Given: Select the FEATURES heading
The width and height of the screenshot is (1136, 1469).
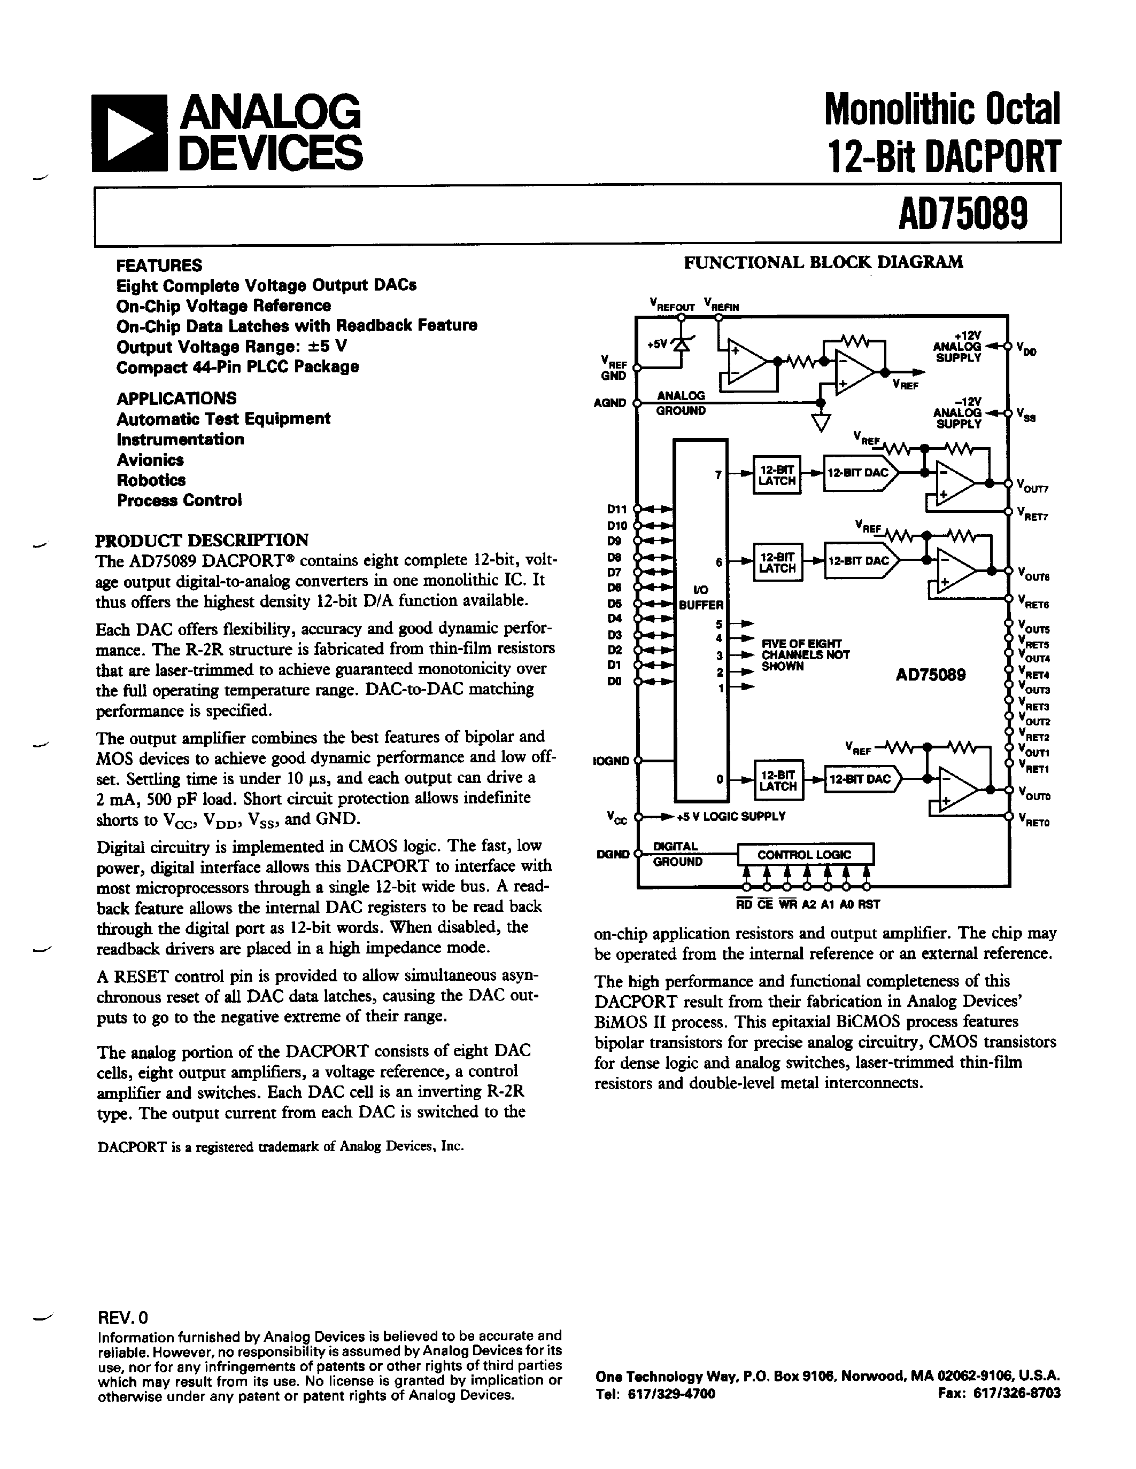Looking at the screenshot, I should [159, 265].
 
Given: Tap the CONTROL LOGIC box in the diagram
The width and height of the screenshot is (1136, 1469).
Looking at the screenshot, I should [805, 854].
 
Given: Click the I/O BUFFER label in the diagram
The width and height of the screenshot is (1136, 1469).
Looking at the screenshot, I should [701, 598].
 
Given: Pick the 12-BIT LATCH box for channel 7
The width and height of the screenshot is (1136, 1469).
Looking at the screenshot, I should [777, 475].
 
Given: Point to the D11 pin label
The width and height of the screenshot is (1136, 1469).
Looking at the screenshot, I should [616, 509].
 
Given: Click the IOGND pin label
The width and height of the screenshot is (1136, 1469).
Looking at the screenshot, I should [611, 761].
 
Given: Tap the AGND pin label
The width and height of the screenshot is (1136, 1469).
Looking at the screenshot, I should [610, 403].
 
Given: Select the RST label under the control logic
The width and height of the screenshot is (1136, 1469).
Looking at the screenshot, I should [869, 905].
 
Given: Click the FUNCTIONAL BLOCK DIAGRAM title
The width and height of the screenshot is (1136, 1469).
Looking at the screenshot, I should [823, 262].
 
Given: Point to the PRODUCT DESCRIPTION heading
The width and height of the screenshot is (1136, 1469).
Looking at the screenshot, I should [202, 540].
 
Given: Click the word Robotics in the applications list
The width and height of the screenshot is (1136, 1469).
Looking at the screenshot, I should [151, 480].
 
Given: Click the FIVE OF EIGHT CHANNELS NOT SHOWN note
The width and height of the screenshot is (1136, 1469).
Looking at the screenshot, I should [805, 654].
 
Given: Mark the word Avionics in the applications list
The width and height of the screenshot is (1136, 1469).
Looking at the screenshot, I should [150, 460].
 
